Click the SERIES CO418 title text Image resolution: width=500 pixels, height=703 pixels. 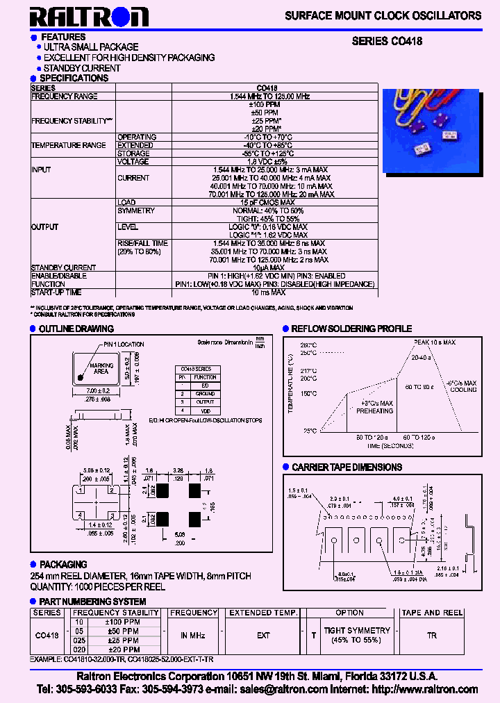pos(387,42)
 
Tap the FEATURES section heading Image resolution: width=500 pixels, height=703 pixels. pos(63,37)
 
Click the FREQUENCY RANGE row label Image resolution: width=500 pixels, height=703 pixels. pos(65,97)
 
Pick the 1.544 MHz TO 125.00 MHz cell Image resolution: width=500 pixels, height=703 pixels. pos(270,97)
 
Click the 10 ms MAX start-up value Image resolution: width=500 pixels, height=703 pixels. pos(270,292)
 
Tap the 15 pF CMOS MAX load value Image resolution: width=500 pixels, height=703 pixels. pos(270,202)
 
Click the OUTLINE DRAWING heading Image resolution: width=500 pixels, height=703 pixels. pos(76,329)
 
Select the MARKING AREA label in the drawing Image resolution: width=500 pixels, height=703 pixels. pos(101,368)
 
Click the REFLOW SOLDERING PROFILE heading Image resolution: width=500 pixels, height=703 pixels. pos(351,329)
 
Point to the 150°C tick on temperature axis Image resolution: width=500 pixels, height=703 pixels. pos(308,394)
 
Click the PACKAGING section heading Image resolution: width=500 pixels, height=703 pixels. pos(62,565)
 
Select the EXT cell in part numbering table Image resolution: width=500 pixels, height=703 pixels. pos(263,635)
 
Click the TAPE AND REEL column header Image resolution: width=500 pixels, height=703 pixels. pos(432,613)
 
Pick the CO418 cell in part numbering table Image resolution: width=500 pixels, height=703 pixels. pos(47,635)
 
